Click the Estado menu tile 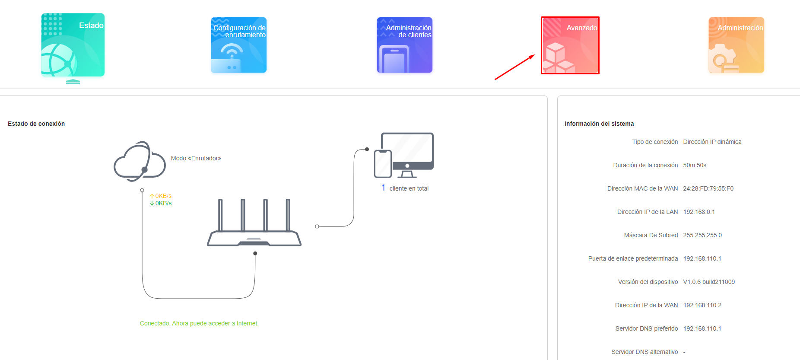[73, 45]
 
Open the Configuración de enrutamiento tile [239, 45]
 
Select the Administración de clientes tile [405, 45]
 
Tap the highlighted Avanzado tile [570, 45]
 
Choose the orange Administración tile [737, 45]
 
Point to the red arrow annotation [515, 67]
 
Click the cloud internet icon [140, 161]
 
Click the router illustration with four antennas [254, 223]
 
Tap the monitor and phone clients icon [404, 155]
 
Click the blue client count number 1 [383, 188]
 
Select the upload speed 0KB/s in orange [161, 196]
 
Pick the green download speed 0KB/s [161, 203]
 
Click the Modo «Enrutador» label [196, 158]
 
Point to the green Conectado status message [199, 323]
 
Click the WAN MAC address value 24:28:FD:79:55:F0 [708, 188]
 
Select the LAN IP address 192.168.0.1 [699, 212]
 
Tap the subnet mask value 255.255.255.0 [702, 235]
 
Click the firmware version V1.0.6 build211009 [709, 282]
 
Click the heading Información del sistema [599, 124]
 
